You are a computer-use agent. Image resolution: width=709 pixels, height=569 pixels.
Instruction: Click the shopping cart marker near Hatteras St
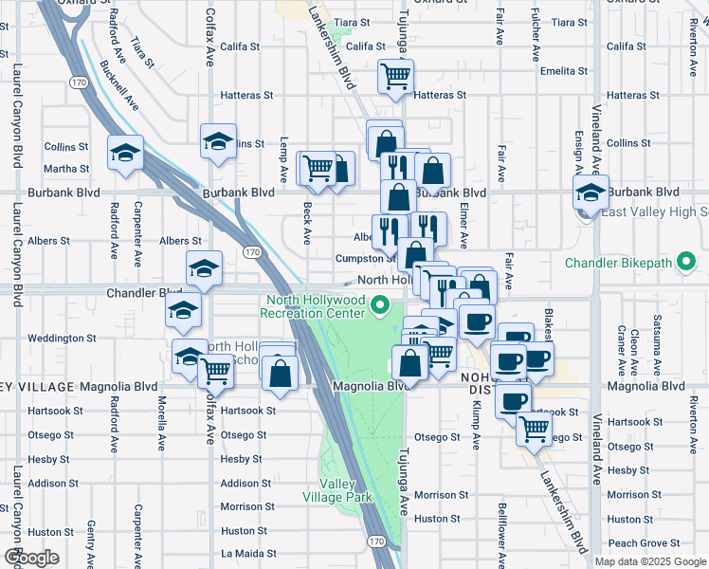point(396,76)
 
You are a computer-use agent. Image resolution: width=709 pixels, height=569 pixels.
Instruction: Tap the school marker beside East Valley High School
point(591,193)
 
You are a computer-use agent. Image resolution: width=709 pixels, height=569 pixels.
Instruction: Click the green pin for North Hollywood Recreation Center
point(380,305)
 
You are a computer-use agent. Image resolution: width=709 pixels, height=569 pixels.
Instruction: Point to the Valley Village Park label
point(332,489)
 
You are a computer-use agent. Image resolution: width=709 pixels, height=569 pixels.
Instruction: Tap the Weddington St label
point(62,338)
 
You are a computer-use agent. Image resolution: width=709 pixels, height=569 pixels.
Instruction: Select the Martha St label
point(66,169)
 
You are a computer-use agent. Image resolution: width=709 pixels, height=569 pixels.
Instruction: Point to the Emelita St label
point(565,71)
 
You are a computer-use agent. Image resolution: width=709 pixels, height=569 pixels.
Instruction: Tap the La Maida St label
point(247,553)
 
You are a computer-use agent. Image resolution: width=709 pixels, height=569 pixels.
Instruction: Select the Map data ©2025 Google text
point(650,560)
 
